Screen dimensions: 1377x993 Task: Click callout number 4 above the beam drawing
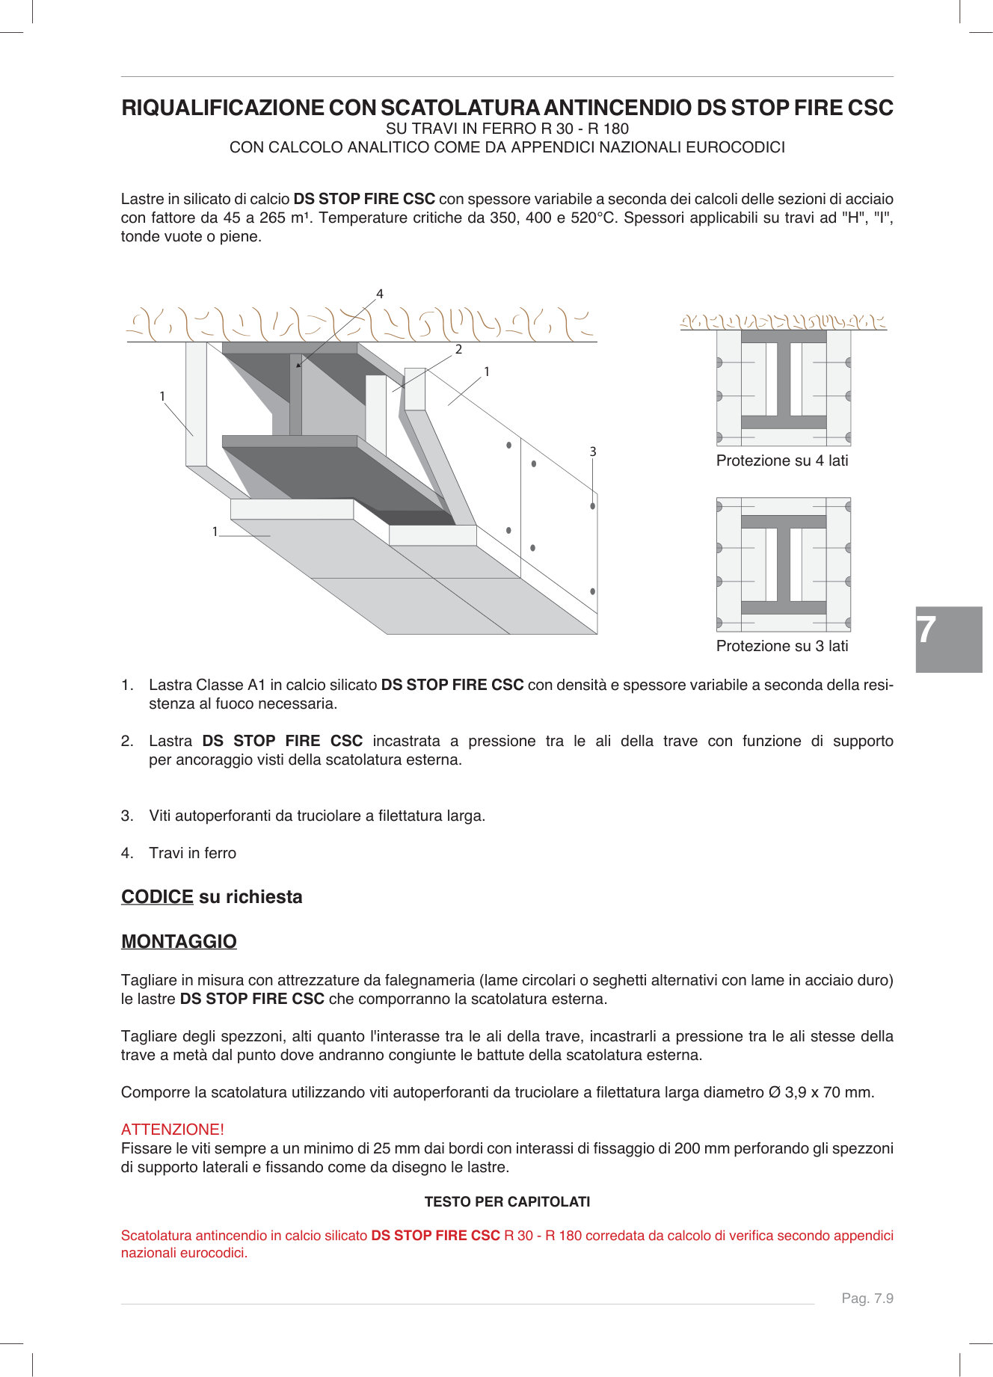380,294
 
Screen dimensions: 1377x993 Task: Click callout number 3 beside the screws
593,452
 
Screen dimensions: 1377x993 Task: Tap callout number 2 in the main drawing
458,349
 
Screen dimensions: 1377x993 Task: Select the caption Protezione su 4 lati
782,460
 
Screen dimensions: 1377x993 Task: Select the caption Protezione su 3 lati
782,646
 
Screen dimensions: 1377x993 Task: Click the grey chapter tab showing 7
948,639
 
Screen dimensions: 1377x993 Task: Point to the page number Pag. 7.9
867,1298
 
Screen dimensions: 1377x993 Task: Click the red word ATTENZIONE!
173,1129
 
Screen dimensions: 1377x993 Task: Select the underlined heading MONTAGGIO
179,941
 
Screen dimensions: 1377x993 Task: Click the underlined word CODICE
157,896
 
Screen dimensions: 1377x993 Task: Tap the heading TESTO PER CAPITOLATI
507,1201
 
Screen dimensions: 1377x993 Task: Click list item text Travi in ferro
192,853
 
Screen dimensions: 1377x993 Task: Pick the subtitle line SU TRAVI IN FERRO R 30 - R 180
507,129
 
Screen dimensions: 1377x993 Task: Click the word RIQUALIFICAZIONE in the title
222,108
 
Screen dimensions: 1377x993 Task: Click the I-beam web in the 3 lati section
783,564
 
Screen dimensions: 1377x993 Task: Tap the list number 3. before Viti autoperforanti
127,816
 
